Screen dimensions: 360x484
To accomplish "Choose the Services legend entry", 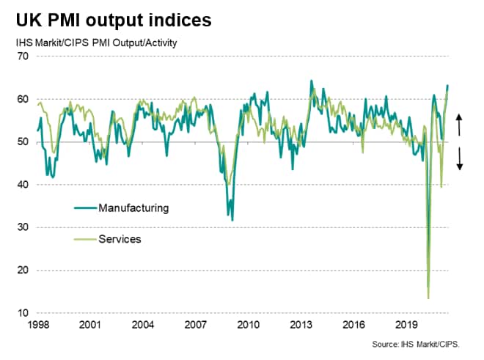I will [120, 239].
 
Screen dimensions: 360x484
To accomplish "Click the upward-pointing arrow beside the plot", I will [460, 124].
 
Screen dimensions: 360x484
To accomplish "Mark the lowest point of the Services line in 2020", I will [428, 298].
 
